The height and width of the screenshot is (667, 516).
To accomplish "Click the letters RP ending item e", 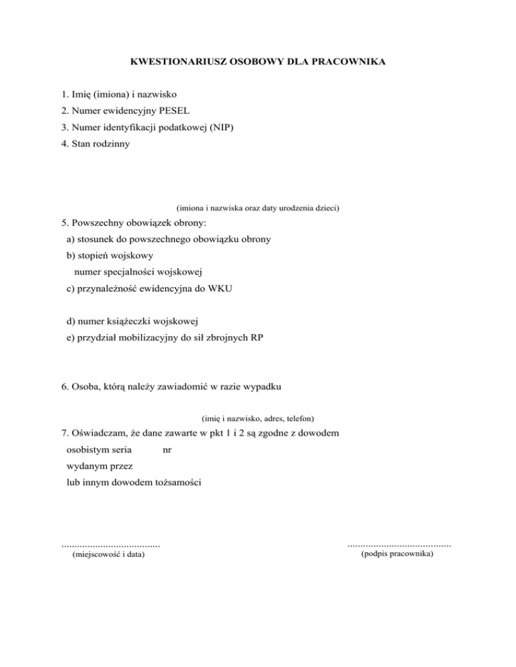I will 256,338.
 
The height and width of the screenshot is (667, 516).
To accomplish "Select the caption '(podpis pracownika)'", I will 396,555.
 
